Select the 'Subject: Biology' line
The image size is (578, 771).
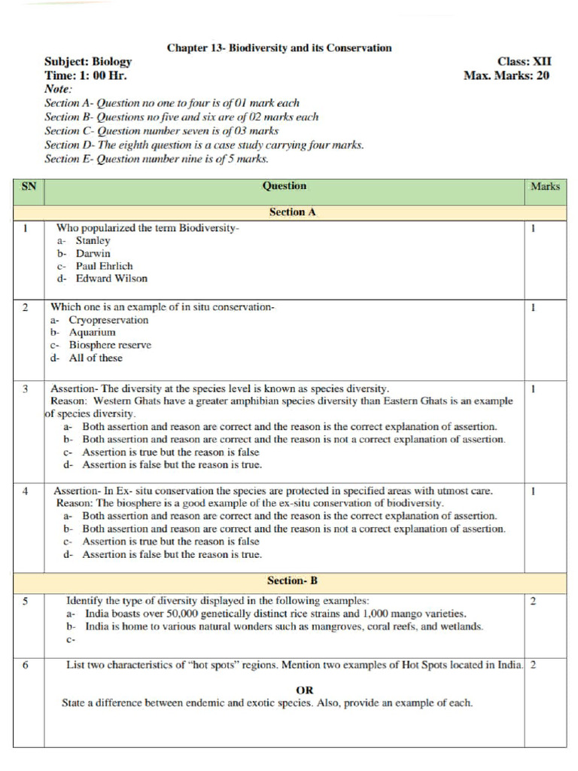[88, 62]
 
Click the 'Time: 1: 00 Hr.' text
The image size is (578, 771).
[86, 75]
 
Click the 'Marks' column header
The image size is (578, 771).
[545, 186]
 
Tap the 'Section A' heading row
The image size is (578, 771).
[292, 212]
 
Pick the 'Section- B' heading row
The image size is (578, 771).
[292, 581]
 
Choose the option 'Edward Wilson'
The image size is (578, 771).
[111, 279]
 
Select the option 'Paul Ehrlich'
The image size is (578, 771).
[104, 266]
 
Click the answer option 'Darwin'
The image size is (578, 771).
[93, 254]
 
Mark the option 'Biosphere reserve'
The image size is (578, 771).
[110, 345]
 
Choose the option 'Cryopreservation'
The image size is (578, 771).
[108, 320]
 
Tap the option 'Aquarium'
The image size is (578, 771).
[93, 332]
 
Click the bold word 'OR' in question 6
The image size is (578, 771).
[304, 690]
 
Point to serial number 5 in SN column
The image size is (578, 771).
[26, 601]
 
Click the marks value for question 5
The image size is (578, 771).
[533, 601]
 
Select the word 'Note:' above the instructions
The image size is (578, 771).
[59, 89]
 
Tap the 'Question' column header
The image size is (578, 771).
[284, 186]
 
